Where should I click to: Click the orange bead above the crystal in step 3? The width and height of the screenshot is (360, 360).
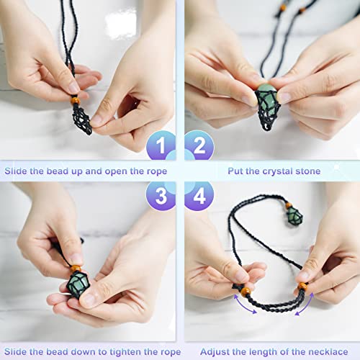coord(75,270)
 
